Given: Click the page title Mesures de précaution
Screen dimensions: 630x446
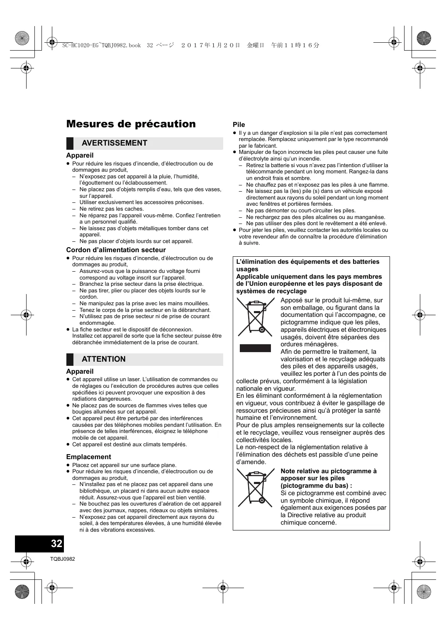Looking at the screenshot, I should coord(131,124).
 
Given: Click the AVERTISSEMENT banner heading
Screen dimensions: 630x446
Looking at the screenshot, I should coord(114,143).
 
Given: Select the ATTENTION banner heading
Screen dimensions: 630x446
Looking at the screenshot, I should coord(103,359).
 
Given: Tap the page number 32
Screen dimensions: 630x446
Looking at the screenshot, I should coord(56,544).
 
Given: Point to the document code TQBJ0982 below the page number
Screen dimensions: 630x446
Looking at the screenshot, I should coord(63,559).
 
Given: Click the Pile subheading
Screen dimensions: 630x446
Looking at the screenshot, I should coord(239,124).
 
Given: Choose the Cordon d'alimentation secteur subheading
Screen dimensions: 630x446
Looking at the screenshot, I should coord(116,250).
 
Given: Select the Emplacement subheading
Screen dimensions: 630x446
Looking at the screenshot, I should coord(88,457).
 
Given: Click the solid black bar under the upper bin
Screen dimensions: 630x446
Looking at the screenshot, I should coord(255,348).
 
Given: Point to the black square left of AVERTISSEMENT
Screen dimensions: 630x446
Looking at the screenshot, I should coord(70,143).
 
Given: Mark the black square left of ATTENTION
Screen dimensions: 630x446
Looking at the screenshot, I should coord(70,359).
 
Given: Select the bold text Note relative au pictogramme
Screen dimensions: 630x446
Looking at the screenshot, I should coord(329,471).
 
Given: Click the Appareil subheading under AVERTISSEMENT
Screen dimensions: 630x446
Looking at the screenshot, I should coord(80,155).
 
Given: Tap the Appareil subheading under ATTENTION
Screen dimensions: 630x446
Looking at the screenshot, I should coord(80,371).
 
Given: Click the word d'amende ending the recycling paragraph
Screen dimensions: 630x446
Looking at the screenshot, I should coord(251,462).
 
